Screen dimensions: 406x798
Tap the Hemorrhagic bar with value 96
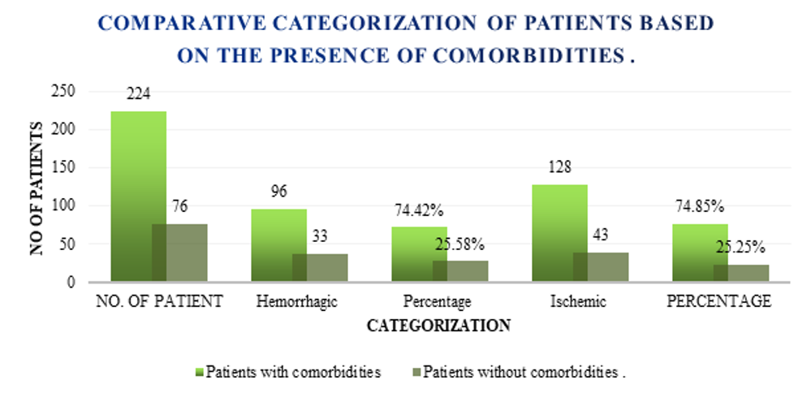pyautogui.click(x=279, y=245)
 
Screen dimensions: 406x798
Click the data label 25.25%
pyautogui.click(x=740, y=247)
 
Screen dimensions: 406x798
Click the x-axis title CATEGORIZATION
pyautogui.click(x=438, y=326)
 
